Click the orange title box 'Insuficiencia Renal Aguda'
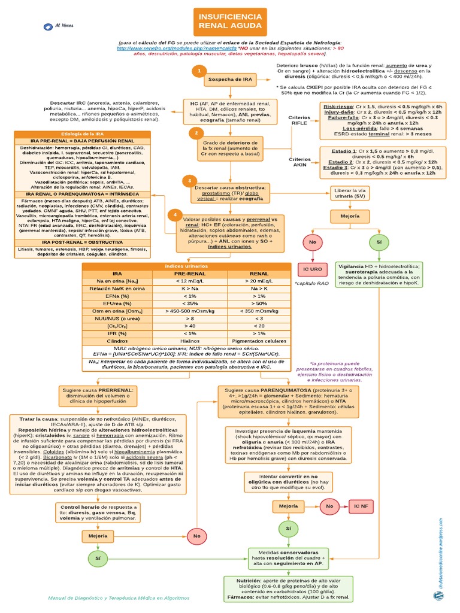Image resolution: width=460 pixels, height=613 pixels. [x=230, y=23]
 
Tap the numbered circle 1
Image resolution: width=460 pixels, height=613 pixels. [x=198, y=71]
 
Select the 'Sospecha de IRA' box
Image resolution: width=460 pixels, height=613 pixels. [x=230, y=78]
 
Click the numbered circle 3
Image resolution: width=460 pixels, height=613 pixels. [x=189, y=180]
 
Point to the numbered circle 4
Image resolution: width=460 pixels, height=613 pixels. [x=174, y=215]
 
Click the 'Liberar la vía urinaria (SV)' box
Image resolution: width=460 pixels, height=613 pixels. [x=350, y=193]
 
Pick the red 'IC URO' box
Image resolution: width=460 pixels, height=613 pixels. [x=312, y=269]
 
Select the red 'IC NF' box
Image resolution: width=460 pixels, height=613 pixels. [x=361, y=506]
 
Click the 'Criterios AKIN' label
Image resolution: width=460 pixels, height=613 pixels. [x=299, y=162]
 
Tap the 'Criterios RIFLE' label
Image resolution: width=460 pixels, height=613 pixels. [x=299, y=119]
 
